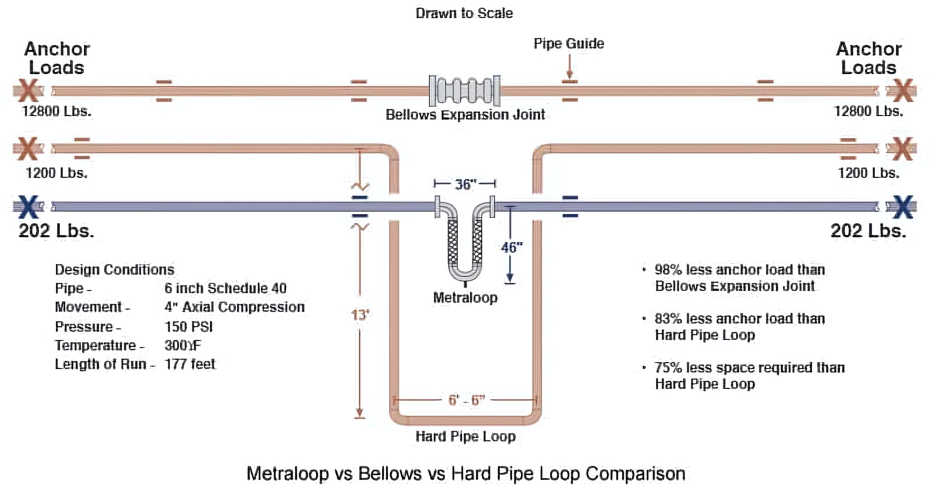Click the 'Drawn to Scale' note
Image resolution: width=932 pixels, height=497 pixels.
click(464, 13)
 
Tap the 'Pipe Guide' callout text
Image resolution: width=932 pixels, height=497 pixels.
click(569, 44)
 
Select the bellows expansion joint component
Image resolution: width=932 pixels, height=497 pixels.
click(465, 91)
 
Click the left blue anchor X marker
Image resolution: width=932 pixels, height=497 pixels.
click(28, 207)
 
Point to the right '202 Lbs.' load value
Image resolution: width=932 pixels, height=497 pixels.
click(868, 231)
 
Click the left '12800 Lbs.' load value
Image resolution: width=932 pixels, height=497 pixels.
click(57, 111)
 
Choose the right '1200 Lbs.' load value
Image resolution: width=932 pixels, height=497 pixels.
click(869, 173)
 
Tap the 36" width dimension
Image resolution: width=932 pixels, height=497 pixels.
click(465, 184)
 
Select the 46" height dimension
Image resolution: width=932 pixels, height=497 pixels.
click(512, 248)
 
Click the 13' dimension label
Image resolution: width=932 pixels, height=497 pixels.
click(360, 315)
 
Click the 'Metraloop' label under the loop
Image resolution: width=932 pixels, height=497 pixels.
click(465, 298)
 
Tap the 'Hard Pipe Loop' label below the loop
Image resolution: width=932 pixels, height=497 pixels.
click(466, 436)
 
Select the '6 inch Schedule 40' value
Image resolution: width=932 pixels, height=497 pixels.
click(226, 288)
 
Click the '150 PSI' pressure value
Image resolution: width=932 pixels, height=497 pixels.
click(188, 327)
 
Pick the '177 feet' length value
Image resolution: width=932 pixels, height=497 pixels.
click(190, 364)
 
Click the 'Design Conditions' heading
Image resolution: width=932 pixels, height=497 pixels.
click(115, 269)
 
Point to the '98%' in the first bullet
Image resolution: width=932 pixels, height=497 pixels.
click(669, 270)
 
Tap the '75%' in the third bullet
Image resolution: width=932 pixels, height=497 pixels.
click(669, 368)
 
